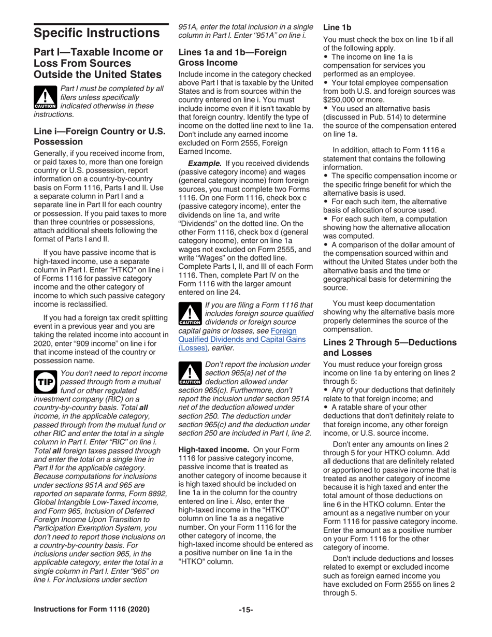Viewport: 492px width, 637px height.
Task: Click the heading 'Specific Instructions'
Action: click(x=96, y=33)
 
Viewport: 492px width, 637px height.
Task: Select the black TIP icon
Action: click(x=45, y=381)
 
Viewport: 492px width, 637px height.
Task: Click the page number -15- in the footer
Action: click(x=245, y=610)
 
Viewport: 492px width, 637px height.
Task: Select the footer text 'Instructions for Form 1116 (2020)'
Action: click(x=92, y=610)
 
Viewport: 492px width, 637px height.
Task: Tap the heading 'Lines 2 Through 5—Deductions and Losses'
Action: click(x=389, y=347)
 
